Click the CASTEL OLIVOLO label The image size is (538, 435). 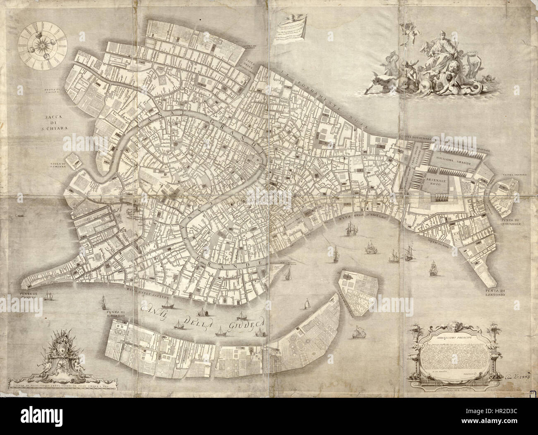click(512, 175)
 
